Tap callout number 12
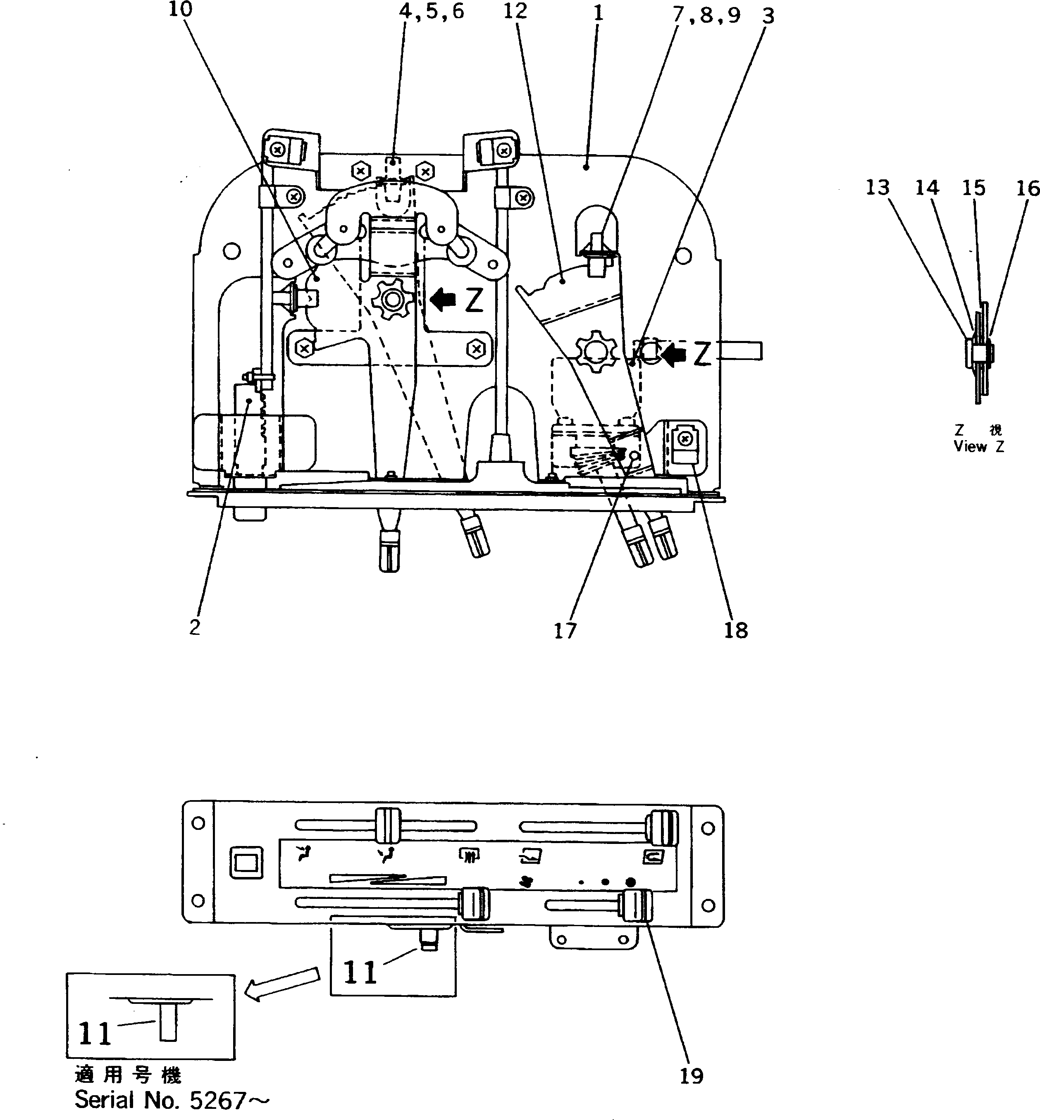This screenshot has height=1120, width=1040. [515, 11]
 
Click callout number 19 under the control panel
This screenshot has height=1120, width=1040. [691, 1076]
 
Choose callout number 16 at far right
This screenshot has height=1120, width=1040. [1028, 189]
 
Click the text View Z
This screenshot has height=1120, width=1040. [978, 447]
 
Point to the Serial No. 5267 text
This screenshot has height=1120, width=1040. [172, 1100]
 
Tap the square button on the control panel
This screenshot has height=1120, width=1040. [246, 863]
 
